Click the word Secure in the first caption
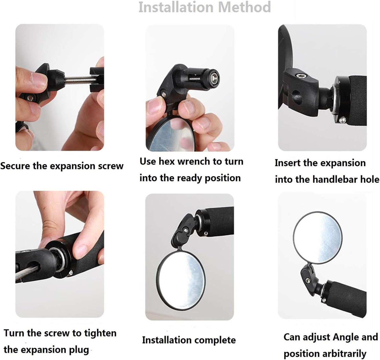click(15, 166)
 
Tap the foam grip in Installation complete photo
click(220, 221)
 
